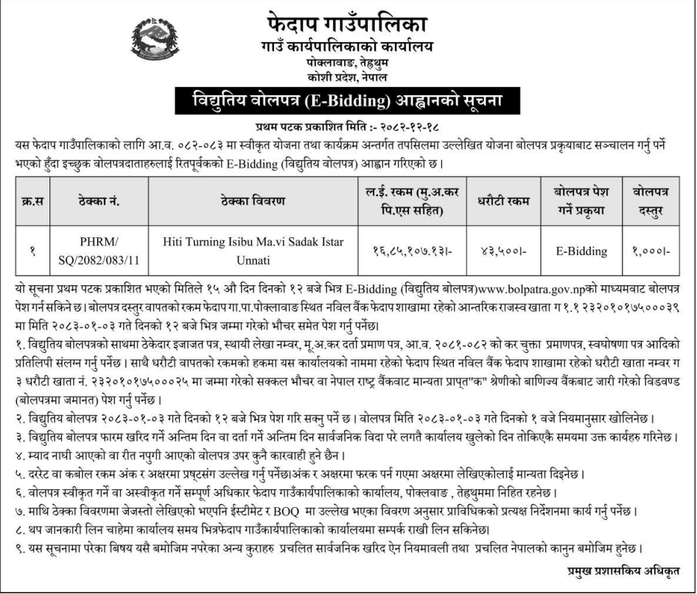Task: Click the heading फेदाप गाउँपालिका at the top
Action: click(x=348, y=23)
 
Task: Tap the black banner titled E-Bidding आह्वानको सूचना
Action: click(x=348, y=100)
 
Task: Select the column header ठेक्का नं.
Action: click(x=99, y=201)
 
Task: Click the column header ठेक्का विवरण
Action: click(x=252, y=201)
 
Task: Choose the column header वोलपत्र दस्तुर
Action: click(x=651, y=201)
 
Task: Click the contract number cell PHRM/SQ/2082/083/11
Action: click(x=99, y=251)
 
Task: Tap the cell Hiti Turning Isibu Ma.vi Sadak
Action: click(x=252, y=251)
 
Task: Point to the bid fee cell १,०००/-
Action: click(x=651, y=251)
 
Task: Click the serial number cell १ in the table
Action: click(x=32, y=251)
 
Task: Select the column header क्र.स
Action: click(x=32, y=201)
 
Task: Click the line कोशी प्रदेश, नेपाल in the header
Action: click(x=348, y=77)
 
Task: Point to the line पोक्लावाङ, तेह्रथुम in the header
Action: click(x=348, y=63)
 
